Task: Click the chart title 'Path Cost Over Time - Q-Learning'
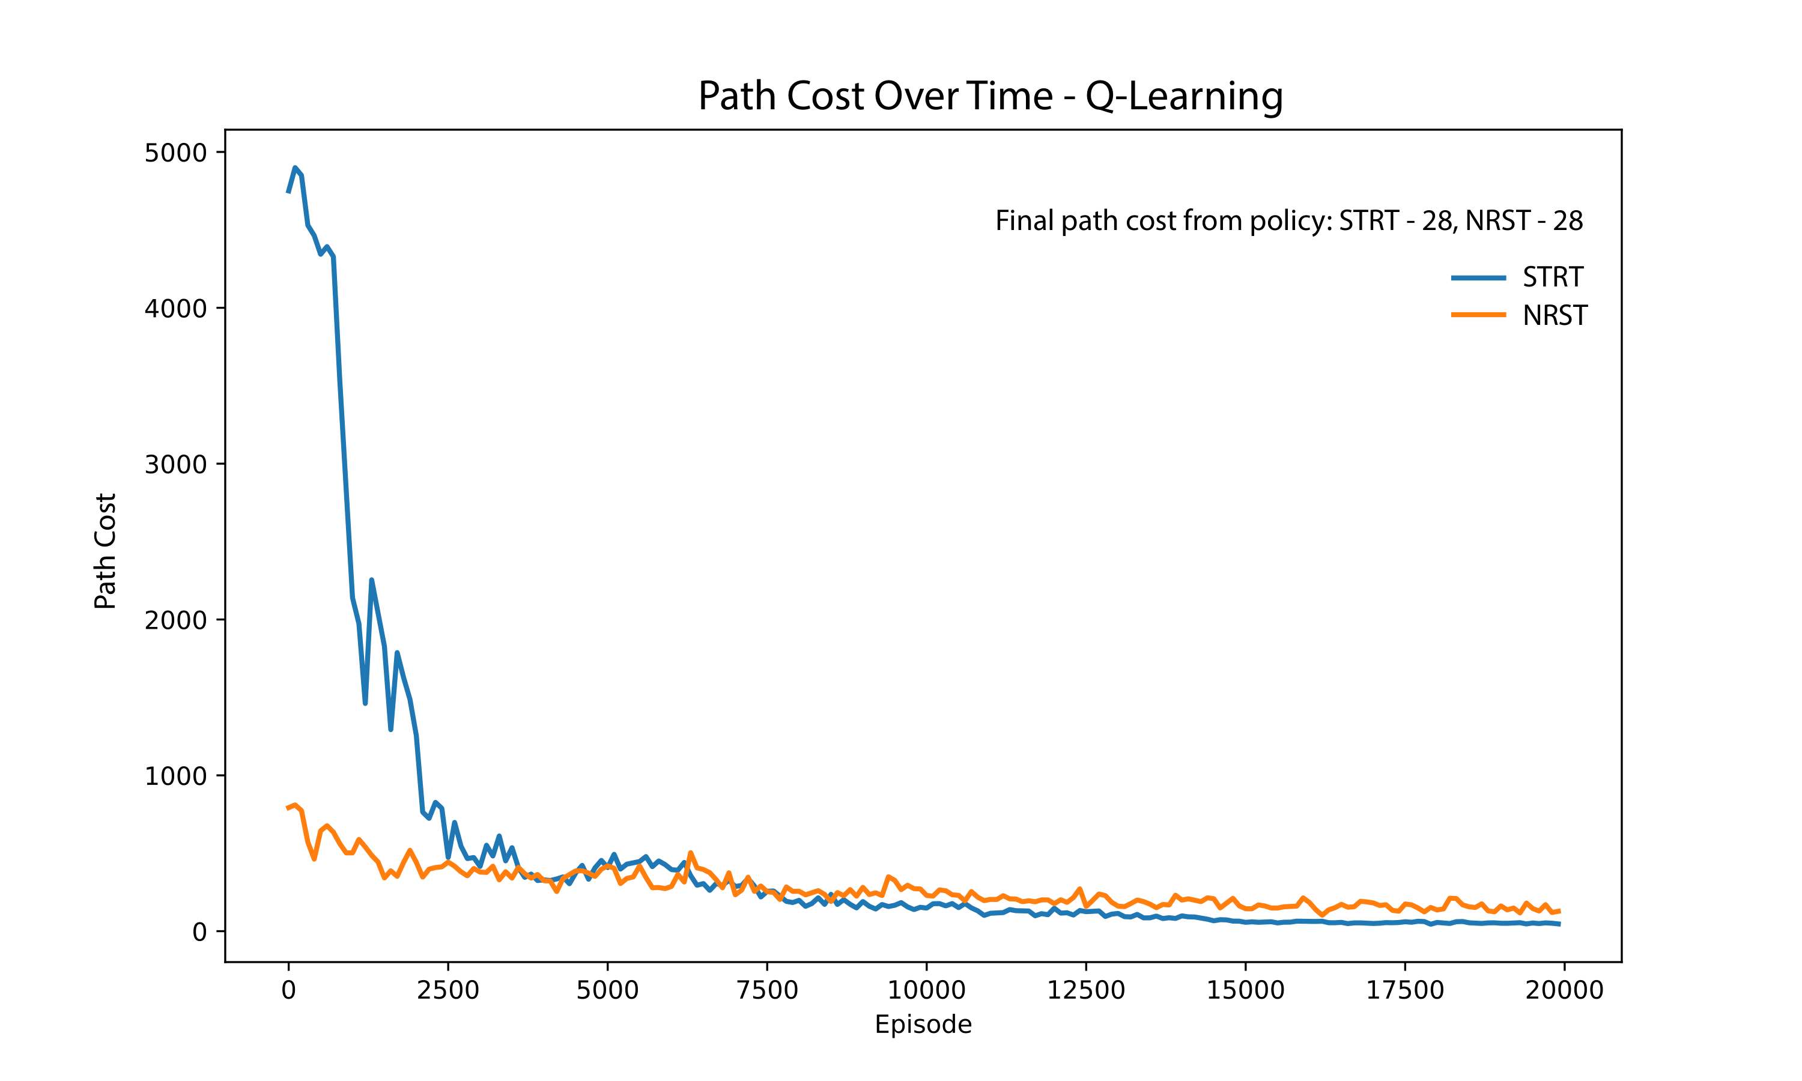pos(990,95)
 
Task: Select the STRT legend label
pos(1553,277)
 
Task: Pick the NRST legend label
pos(1555,315)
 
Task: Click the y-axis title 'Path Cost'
pos(106,551)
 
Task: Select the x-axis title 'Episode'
pos(923,1024)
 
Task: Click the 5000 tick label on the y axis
pos(175,153)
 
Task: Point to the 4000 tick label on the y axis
pos(175,309)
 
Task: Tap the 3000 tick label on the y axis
pos(175,465)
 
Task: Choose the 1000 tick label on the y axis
pos(175,776)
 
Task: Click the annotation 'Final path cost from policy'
pos(1288,221)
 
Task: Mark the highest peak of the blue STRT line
pos(295,168)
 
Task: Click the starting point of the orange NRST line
pos(288,808)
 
